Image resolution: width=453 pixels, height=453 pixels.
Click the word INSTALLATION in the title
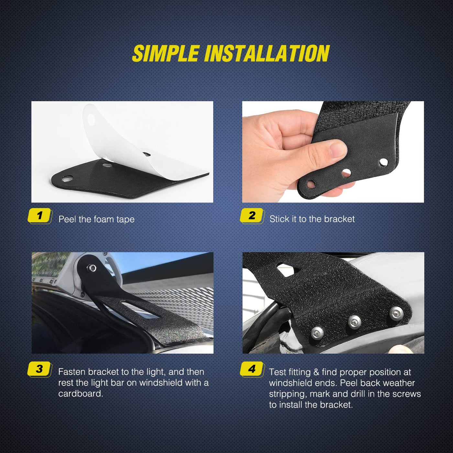(267, 53)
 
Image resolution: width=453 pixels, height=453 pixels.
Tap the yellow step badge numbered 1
(39, 215)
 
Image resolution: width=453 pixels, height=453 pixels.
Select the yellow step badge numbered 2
(252, 215)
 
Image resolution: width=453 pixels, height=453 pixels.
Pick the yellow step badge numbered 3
(39, 369)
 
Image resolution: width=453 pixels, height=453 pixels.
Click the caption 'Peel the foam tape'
(96, 219)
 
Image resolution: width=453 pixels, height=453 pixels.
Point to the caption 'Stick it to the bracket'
(312, 219)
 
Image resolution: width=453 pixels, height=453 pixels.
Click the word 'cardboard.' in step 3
(81, 394)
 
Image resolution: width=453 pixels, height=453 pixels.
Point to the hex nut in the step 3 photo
(92, 268)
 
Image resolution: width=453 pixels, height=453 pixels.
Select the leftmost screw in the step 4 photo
(317, 332)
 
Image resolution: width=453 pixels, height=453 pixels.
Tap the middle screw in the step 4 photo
(355, 322)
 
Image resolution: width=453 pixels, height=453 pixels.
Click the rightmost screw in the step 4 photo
(396, 313)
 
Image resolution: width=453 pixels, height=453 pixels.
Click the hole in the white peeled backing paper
(91, 120)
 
